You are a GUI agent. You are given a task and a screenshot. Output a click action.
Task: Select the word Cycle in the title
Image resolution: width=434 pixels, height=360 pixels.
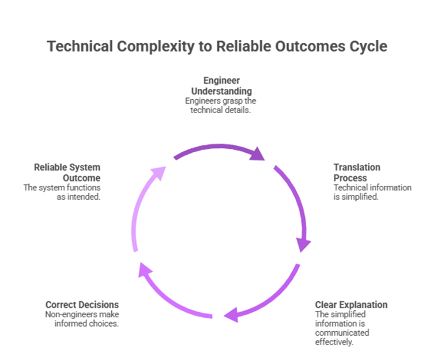point(368,46)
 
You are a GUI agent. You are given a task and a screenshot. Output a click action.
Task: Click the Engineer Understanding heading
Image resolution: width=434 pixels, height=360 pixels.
point(221,85)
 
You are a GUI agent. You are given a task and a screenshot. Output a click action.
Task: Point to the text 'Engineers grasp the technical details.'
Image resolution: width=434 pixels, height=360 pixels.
point(221,105)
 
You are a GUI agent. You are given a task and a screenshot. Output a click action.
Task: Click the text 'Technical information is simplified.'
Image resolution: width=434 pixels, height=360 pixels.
point(372,192)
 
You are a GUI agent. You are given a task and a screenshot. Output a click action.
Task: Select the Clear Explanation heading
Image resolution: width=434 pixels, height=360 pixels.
point(351,305)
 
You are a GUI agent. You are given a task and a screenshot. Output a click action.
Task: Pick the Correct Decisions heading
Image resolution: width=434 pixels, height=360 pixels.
point(82,305)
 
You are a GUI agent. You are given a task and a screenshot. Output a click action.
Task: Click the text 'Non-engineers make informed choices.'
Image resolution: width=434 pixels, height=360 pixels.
point(82,319)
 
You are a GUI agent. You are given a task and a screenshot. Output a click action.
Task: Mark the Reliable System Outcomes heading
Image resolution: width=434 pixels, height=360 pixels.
point(67,172)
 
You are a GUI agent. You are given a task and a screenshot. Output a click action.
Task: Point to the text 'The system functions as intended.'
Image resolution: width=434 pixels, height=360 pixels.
point(62,192)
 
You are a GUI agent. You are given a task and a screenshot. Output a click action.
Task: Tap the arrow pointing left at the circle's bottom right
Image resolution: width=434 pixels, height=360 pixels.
point(265,300)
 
